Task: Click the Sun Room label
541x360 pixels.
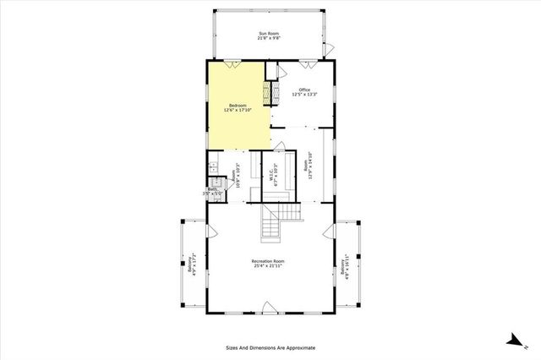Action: pos(269,35)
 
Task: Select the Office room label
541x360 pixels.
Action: pos(305,90)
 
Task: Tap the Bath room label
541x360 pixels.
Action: pos(215,191)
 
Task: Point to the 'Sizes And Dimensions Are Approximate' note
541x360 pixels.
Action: pos(270,347)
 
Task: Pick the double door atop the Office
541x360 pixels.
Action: pos(308,63)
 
